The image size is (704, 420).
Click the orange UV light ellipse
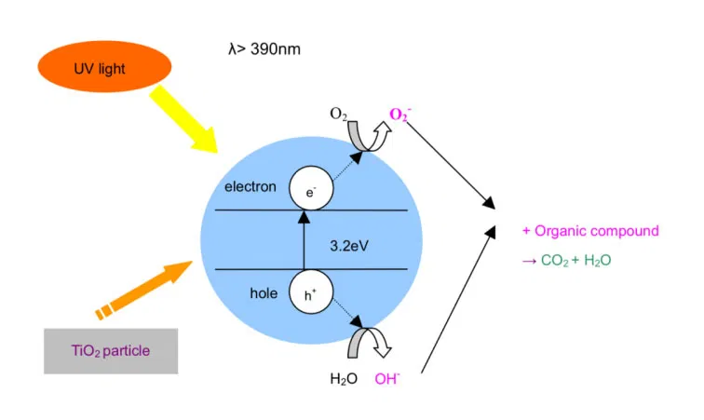(x=104, y=69)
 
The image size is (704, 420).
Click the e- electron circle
(x=309, y=190)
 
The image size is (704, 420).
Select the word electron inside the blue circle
(x=250, y=187)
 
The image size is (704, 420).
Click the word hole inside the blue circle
(x=264, y=293)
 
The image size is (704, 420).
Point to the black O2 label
(x=340, y=114)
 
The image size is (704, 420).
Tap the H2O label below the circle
(x=345, y=379)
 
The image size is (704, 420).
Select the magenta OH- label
(x=388, y=379)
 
